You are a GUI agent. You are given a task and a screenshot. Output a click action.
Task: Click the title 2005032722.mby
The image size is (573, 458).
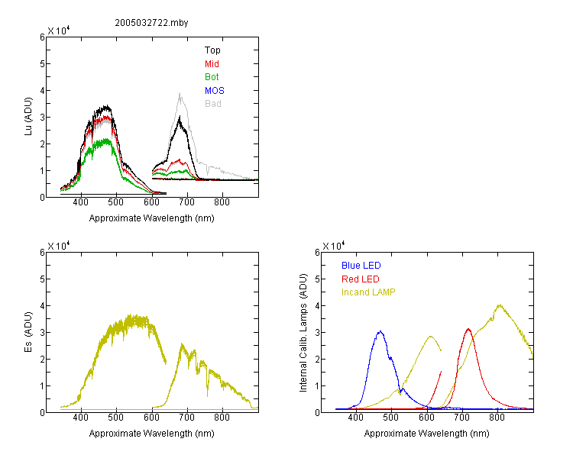pyautogui.click(x=151, y=23)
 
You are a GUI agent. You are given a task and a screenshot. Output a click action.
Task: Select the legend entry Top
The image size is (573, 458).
pyautogui.click(x=212, y=50)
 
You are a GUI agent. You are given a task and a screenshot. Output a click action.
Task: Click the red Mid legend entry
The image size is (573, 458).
pyautogui.click(x=212, y=64)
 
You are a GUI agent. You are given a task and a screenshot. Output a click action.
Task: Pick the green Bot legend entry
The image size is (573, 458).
pyautogui.click(x=212, y=77)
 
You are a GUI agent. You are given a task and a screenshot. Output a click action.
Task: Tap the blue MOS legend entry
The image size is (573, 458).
pyautogui.click(x=214, y=91)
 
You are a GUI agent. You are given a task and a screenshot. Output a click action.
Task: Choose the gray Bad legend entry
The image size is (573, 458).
pyautogui.click(x=212, y=104)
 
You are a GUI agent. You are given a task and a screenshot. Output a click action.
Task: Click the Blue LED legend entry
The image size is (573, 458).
pyautogui.click(x=361, y=266)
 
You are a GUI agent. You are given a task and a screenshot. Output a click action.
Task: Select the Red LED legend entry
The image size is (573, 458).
pyautogui.click(x=361, y=279)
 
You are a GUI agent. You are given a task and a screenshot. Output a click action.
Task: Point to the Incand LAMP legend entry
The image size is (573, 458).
pyautogui.click(x=368, y=292)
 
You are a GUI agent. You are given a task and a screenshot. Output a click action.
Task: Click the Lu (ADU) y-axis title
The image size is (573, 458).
pyautogui.click(x=28, y=117)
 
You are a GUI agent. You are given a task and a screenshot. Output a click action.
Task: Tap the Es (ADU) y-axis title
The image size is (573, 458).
pyautogui.click(x=28, y=332)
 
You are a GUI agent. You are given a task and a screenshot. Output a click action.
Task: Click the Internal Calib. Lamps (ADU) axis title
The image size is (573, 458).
pyautogui.click(x=303, y=332)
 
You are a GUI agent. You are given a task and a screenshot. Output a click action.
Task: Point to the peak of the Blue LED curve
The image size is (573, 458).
pyautogui.click(x=380, y=331)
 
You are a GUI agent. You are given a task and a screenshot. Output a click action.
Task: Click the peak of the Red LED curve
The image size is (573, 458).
pyautogui.click(x=468, y=329)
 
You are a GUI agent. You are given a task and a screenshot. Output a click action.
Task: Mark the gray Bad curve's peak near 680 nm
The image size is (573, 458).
pyautogui.click(x=180, y=93)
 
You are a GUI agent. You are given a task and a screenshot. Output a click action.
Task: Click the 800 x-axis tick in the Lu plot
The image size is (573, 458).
pyautogui.click(x=222, y=202)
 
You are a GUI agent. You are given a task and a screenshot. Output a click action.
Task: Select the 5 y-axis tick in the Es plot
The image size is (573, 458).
pyautogui.click(x=42, y=279)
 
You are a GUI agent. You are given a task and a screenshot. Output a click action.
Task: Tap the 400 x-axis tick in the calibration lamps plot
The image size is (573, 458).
pyautogui.click(x=356, y=418)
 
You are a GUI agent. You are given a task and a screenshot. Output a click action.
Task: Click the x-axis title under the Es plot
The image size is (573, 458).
pyautogui.click(x=152, y=434)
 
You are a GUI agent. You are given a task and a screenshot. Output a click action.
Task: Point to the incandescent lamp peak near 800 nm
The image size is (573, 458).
pyautogui.click(x=499, y=305)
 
